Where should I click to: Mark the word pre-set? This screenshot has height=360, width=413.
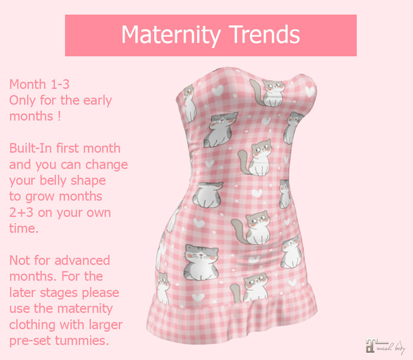(x=32, y=341)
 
